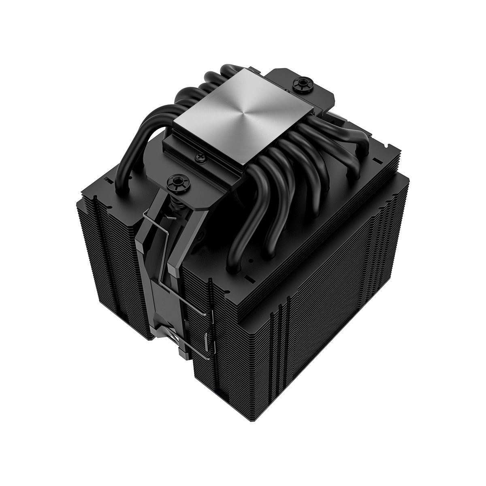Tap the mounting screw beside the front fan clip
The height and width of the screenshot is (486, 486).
coord(177,178)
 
